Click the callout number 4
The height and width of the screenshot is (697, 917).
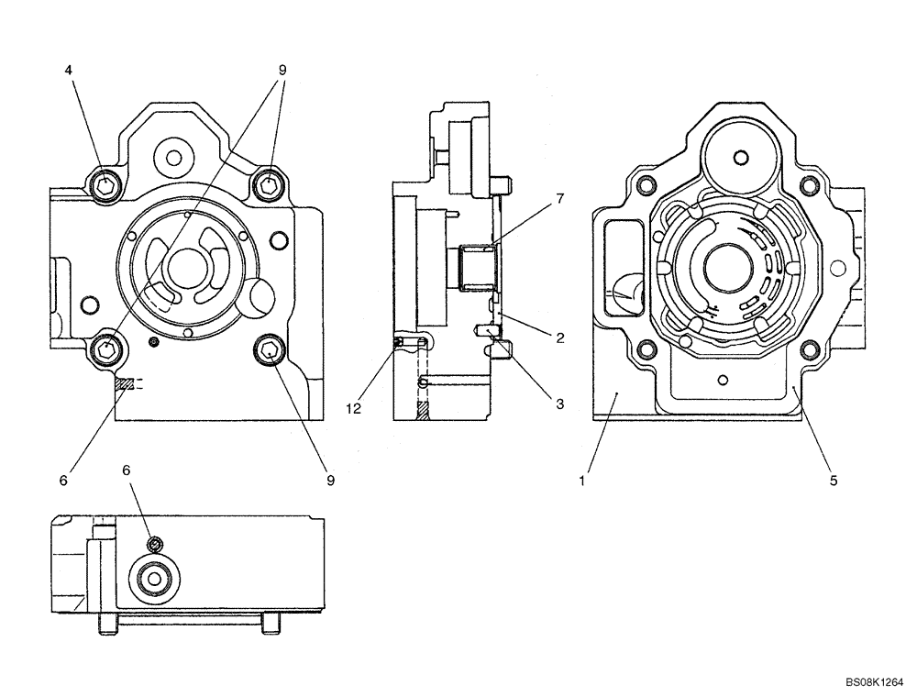[70, 70]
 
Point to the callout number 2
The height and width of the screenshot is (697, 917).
[558, 337]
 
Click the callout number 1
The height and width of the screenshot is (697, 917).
[581, 479]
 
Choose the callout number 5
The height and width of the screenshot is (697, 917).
[833, 479]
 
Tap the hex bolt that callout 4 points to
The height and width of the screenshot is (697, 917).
[106, 185]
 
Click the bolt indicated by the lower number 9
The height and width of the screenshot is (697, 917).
[270, 349]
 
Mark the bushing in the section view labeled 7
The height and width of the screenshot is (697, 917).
[476, 267]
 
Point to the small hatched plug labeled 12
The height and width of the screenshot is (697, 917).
[399, 342]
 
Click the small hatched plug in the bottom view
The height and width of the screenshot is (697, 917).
[156, 546]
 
